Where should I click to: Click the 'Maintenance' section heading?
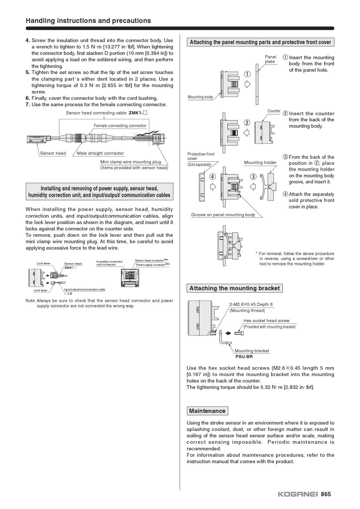(x=207, y=411)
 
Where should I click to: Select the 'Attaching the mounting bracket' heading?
(x=234, y=288)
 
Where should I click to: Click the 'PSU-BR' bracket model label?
(x=244, y=357)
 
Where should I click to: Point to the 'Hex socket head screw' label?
(x=266, y=321)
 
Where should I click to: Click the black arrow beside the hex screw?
(x=228, y=333)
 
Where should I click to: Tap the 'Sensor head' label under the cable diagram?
(x=53, y=153)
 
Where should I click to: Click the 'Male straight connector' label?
(x=100, y=153)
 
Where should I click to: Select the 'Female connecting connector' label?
(x=120, y=126)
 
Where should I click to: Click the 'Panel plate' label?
(x=270, y=59)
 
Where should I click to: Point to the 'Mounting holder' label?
(x=260, y=163)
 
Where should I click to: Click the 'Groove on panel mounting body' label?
(x=223, y=215)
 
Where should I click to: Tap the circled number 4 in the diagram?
(x=213, y=176)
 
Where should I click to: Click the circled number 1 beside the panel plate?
(x=247, y=74)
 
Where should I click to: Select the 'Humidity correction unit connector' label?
(x=109, y=263)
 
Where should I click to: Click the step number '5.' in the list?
(x=28, y=72)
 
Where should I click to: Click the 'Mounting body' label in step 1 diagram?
(x=200, y=97)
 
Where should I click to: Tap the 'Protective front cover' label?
(x=201, y=156)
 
